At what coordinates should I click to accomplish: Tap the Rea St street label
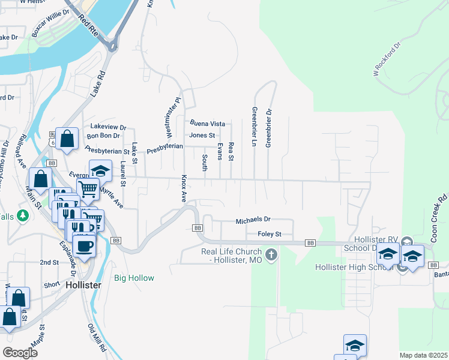tap(231, 151)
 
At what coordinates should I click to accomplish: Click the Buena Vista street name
tap(207, 123)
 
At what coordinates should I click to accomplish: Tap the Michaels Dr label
tap(253, 220)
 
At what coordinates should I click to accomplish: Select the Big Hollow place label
tap(134, 278)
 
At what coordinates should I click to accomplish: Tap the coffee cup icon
tap(83, 245)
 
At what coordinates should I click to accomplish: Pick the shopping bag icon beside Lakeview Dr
tap(68, 138)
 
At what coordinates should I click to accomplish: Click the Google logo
tap(20, 352)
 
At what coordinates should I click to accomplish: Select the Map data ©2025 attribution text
tap(423, 355)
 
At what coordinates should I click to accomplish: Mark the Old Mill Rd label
tap(96, 338)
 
